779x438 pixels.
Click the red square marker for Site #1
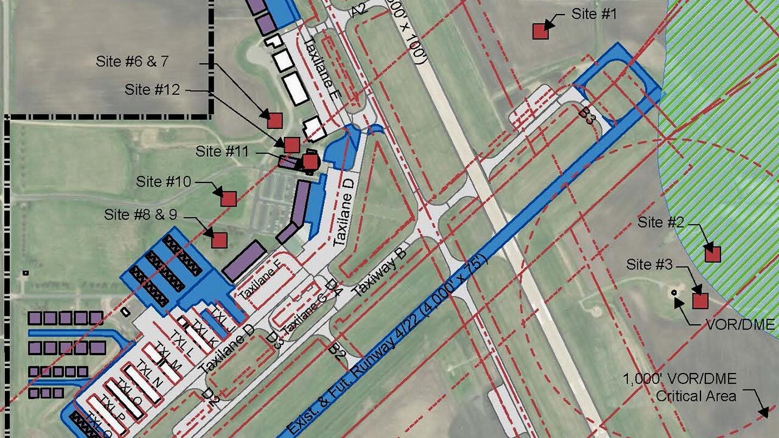540,31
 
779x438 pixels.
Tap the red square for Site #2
712,254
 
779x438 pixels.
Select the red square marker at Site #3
700,301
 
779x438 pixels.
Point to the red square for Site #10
228,198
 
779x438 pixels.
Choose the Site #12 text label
152,90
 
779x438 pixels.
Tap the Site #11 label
222,151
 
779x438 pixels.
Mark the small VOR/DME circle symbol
674,293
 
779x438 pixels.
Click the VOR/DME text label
740,324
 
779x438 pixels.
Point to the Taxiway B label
379,271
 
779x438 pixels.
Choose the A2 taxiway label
360,9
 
